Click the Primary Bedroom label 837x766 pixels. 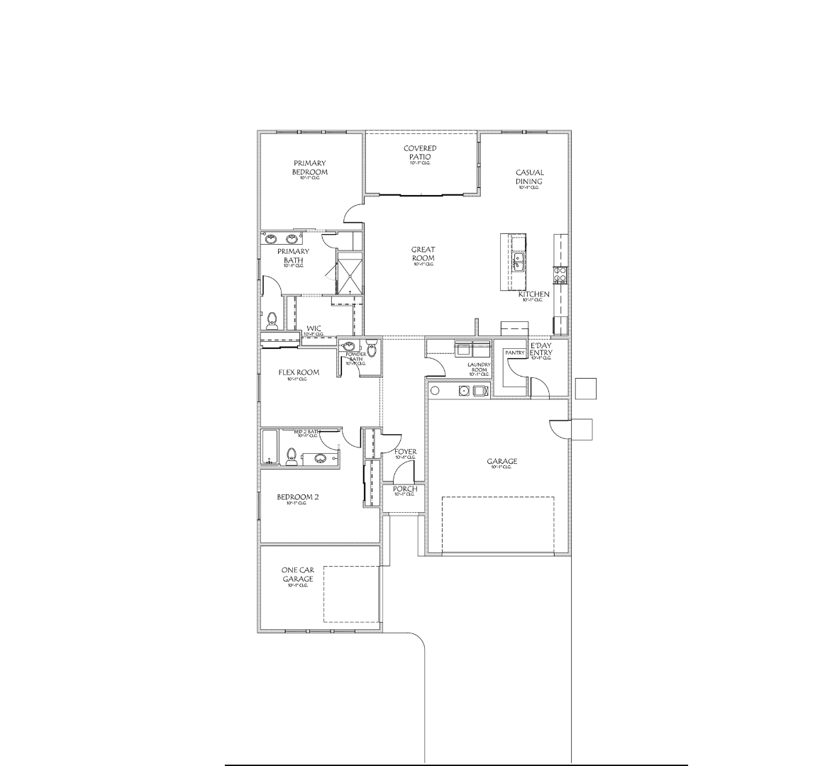point(310,168)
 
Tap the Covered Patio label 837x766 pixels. point(420,152)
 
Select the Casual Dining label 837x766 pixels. point(529,177)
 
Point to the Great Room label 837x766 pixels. point(423,254)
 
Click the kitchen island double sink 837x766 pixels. point(518,262)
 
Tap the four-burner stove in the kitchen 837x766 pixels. point(560,274)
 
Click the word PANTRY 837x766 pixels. point(514,353)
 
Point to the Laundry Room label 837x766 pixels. point(479,367)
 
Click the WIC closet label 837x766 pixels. point(314,328)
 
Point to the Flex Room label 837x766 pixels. point(298,373)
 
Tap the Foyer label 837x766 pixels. point(405,452)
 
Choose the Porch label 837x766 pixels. point(405,489)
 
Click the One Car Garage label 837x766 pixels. point(298,574)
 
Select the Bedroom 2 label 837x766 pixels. point(298,498)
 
